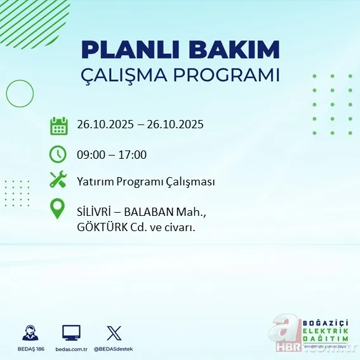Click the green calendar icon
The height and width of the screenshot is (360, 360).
(58, 125)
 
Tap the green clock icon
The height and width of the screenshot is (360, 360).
(58, 154)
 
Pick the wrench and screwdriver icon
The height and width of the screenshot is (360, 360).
(58, 181)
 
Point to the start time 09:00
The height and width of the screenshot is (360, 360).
(90, 154)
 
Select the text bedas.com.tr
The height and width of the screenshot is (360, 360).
(71, 349)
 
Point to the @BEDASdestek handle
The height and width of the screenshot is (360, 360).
(114, 349)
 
